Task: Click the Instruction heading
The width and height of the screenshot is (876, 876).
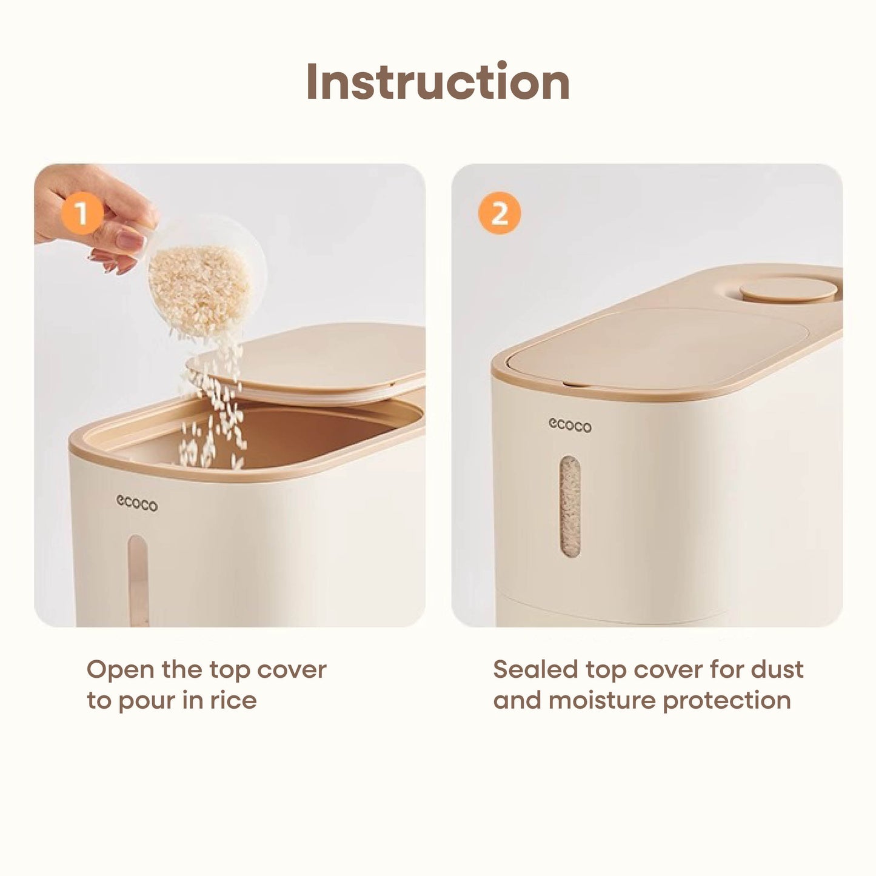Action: point(438,81)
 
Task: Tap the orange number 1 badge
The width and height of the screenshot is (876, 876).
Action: point(82,213)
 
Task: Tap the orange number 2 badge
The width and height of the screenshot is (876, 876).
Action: point(500,213)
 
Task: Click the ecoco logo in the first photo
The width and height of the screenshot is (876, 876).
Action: point(137,504)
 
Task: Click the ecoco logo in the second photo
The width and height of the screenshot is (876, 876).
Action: point(570,426)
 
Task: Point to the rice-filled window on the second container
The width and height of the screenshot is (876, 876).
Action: point(570,506)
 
